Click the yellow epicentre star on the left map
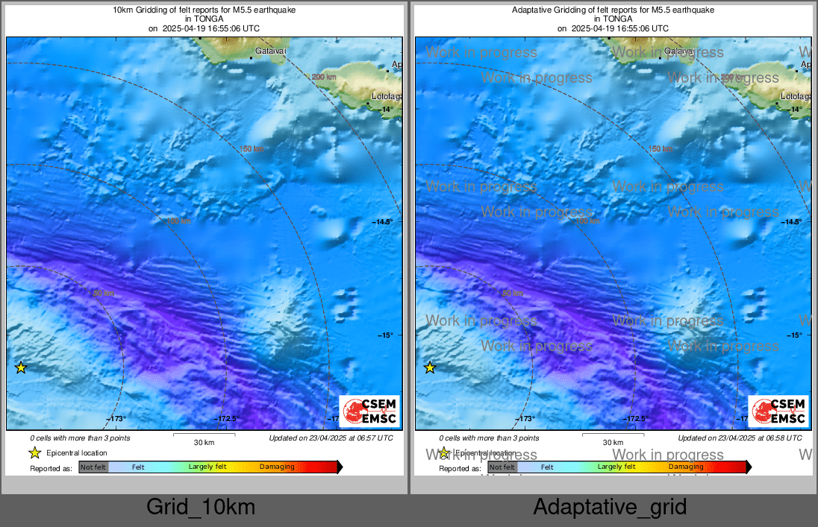(x=21, y=367)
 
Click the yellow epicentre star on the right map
(x=430, y=367)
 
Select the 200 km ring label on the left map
(x=324, y=78)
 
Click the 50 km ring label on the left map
(x=103, y=293)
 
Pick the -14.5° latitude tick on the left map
(x=383, y=222)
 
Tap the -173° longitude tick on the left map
(x=116, y=419)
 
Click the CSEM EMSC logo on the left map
(x=369, y=411)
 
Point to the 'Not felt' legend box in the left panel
(x=93, y=467)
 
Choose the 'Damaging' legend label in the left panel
(x=277, y=467)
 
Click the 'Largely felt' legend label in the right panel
(x=616, y=467)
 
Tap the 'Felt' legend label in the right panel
(x=547, y=467)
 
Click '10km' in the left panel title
(x=121, y=10)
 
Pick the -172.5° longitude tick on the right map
(x=635, y=419)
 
